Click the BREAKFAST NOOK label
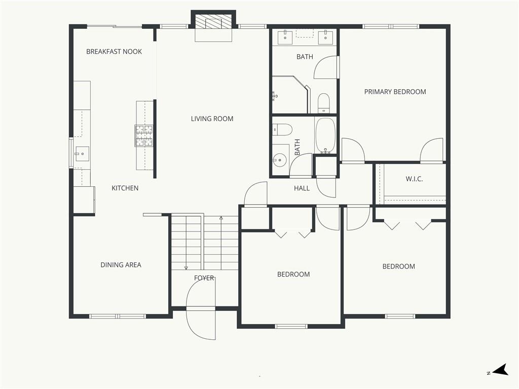[114, 52]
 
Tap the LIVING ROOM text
[212, 119]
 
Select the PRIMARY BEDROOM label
[395, 92]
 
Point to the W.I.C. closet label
[414, 179]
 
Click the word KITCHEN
[125, 188]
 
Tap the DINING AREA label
[121, 265]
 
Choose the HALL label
[302, 188]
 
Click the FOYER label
[204, 278]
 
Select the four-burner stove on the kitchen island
[144, 136]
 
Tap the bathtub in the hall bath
[325, 136]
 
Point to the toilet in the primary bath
[323, 103]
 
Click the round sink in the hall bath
[280, 161]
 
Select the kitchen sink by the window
[82, 154]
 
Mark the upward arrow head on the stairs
[221, 218]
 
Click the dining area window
[118, 316]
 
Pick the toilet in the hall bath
[282, 130]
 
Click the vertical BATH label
[297, 147]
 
